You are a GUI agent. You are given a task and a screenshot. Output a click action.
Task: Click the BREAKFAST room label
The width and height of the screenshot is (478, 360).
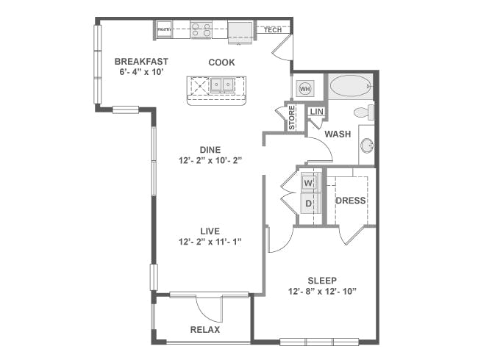[141, 62]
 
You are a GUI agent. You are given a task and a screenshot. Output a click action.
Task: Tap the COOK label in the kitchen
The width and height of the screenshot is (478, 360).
[221, 62]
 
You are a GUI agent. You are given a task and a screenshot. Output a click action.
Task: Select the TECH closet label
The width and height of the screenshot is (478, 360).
[273, 30]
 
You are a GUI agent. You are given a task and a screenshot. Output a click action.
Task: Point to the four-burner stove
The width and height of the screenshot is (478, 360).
[201, 29]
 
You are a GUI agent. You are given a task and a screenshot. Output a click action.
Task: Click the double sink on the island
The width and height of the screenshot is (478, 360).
[222, 84]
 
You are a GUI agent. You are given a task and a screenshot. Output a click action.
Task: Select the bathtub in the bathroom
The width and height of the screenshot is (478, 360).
[350, 86]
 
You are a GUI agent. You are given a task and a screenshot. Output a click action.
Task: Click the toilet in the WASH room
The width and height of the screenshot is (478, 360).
[364, 112]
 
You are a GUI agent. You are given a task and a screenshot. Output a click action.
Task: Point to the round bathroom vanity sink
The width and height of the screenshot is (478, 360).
[368, 145]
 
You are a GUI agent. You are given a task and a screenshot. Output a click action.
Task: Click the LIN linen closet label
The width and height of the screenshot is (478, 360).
[316, 112]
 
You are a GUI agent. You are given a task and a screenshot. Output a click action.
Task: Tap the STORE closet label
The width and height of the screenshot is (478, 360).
[292, 118]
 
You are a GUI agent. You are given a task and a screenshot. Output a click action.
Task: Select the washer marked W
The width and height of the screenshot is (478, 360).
[309, 184]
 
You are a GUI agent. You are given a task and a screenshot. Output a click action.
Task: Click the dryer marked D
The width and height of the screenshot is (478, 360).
[309, 204]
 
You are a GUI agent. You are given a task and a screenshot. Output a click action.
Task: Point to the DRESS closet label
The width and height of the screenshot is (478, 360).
[351, 201]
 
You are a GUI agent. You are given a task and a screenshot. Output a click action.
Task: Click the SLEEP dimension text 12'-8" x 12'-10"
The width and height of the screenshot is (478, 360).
[322, 292]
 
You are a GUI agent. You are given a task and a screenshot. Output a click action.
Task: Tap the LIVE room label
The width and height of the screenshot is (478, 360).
[210, 231]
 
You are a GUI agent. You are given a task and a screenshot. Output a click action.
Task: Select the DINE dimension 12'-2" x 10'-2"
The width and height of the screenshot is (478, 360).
[210, 160]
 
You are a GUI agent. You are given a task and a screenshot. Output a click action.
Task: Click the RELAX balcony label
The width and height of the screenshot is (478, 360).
[205, 330]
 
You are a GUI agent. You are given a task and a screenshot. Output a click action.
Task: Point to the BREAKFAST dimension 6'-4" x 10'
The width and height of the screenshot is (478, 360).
[141, 72]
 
